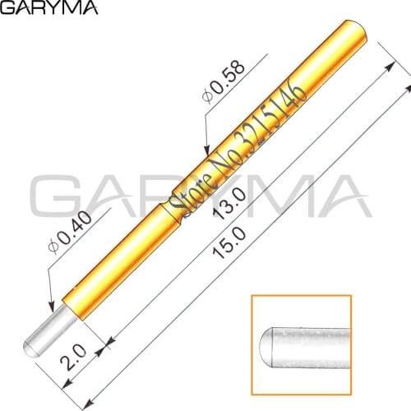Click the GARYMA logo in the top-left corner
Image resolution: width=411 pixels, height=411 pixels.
[49, 9]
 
